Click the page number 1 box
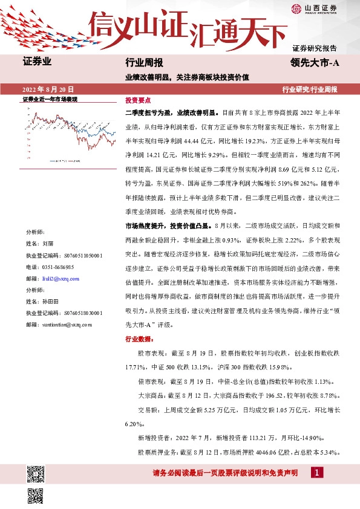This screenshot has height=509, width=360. (315, 473)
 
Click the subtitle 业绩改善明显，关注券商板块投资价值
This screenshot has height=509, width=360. (184, 77)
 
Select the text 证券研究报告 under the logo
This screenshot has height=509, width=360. (314, 47)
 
